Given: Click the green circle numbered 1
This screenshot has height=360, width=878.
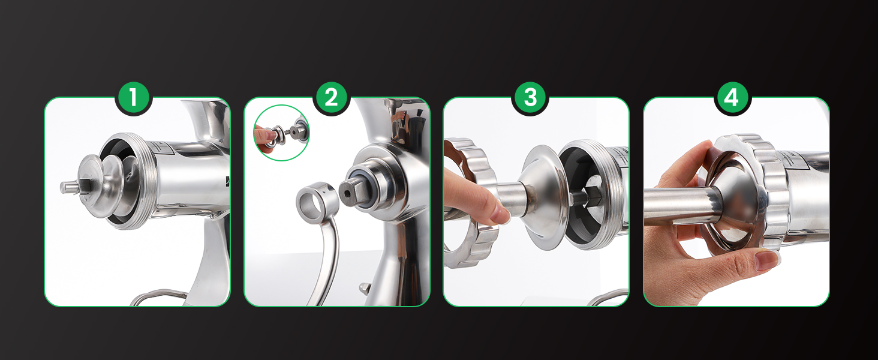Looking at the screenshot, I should pos(133,98).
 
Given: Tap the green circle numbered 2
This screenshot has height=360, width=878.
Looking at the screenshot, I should pos(331,98).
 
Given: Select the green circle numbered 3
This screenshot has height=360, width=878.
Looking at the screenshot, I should pos(530,98).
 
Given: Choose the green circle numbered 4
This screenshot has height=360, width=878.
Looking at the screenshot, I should pos(731,98).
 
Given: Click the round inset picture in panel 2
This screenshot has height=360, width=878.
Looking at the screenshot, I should pos(282,133).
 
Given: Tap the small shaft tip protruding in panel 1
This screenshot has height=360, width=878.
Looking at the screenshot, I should pos(68,187).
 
